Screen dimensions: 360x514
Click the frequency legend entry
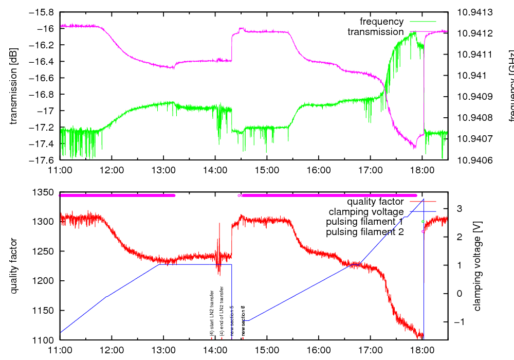tap(381, 22)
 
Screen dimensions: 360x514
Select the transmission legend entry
tap(375, 32)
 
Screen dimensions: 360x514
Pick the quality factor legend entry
tap(375, 202)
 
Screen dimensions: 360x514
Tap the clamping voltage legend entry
tap(366, 211)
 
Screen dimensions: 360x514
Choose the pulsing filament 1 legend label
tap(364, 222)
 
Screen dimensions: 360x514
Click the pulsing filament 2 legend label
tap(364, 232)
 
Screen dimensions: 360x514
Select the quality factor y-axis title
tap(14, 266)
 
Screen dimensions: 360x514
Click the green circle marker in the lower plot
tap(423, 222)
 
